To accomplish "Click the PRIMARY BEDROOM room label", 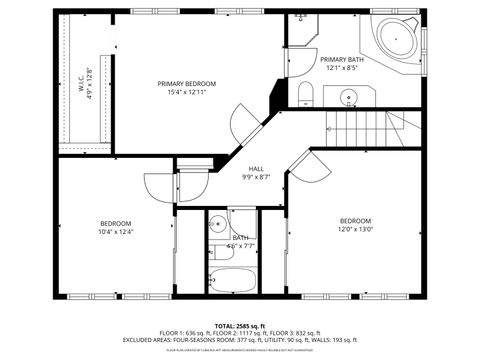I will pyautogui.click(x=187, y=83).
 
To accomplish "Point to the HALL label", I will pyautogui.click(x=256, y=168).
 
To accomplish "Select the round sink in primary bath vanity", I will pyautogui.click(x=348, y=98).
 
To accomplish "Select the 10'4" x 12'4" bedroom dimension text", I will pyautogui.click(x=115, y=231).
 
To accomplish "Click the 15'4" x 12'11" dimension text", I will pyautogui.click(x=187, y=92).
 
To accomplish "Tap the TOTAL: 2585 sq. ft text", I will pyautogui.click(x=240, y=326).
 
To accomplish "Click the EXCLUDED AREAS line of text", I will pyautogui.click(x=240, y=340).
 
